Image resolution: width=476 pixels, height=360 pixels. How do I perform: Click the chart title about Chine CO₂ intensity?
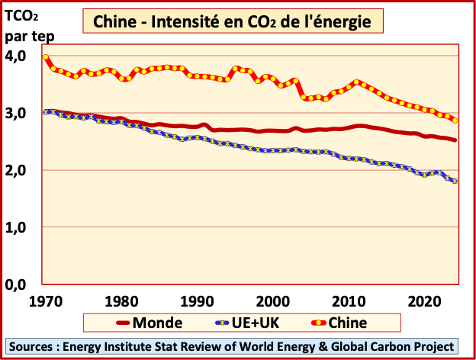click(237, 22)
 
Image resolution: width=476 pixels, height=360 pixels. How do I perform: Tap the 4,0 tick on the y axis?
click(16, 56)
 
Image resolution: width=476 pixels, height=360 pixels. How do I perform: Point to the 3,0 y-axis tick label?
click(16, 113)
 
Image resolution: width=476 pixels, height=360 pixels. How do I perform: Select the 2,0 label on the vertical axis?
click(16, 170)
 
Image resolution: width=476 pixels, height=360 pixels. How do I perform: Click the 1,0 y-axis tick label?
click(16, 227)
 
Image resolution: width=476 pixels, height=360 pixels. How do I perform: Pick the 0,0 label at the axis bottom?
click(16, 284)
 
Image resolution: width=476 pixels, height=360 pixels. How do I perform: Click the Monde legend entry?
click(142, 322)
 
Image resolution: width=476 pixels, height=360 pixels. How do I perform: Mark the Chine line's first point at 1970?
click(47, 57)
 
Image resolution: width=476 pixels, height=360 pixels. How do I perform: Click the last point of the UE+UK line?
click(456, 181)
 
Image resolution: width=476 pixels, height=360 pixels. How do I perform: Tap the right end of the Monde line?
click(456, 140)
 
